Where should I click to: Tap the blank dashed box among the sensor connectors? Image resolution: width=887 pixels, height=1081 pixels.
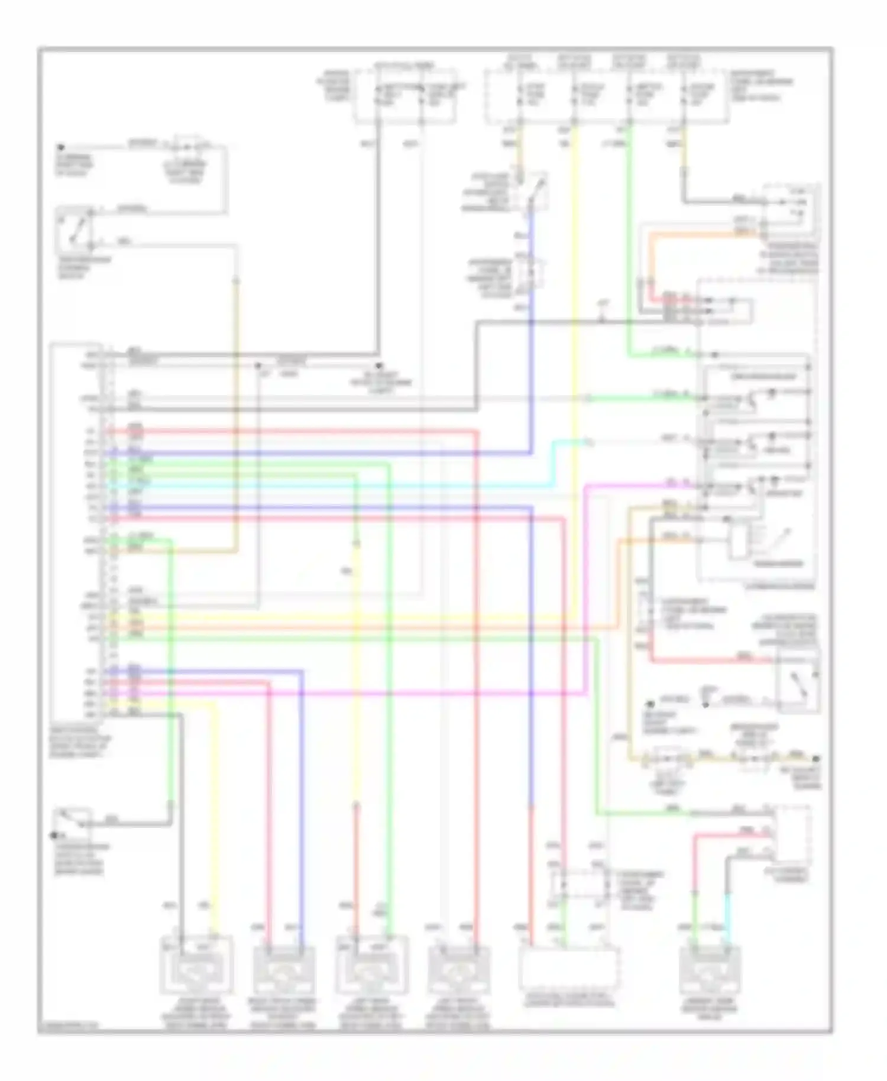(569, 969)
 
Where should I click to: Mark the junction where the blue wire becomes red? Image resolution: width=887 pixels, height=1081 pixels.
(531, 807)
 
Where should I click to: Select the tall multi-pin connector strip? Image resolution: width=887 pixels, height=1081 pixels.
(108, 532)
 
